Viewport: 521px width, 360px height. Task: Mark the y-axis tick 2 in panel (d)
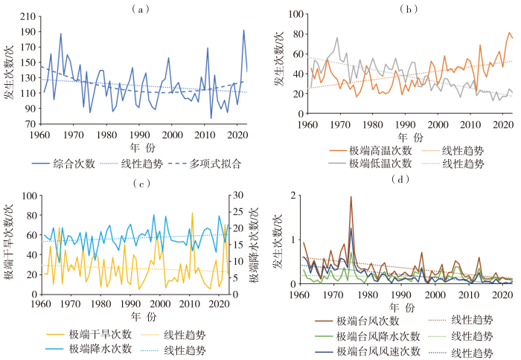pos(293,195)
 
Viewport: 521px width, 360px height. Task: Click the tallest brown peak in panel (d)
pos(351,197)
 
